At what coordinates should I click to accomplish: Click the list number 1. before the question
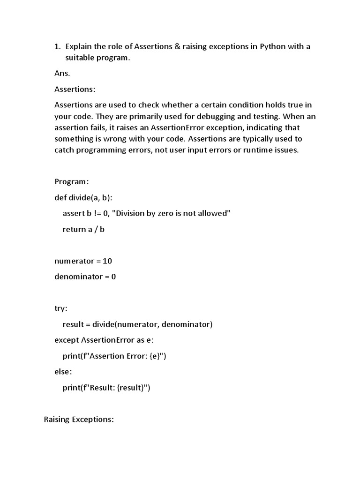point(58,46)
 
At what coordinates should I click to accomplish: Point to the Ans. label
point(62,73)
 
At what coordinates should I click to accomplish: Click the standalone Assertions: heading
point(75,89)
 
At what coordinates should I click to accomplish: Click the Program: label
point(72,181)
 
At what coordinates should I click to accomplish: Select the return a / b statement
point(83,229)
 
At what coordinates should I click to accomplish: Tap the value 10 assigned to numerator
point(107,261)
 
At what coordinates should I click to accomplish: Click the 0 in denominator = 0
point(113,277)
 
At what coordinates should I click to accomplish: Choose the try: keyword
point(61,308)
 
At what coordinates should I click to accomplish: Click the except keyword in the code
point(67,340)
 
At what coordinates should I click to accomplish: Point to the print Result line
point(106,388)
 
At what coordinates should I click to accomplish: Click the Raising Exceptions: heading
point(79,420)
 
